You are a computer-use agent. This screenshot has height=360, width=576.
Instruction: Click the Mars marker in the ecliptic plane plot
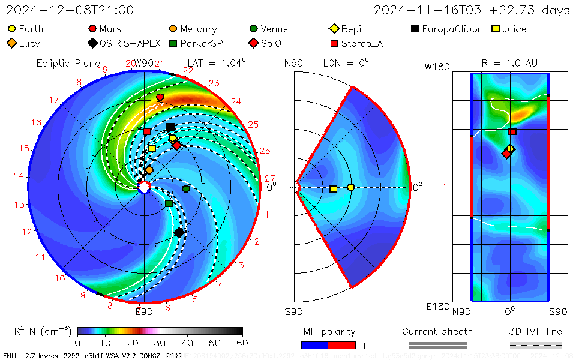pyautogui.click(x=160, y=97)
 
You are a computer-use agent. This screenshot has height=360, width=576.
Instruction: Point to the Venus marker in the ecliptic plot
pyautogui.click(x=186, y=189)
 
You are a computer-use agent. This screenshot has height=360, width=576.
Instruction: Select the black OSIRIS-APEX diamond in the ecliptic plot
pyautogui.click(x=178, y=232)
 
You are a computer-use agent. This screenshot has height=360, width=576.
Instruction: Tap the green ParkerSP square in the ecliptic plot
pyautogui.click(x=169, y=203)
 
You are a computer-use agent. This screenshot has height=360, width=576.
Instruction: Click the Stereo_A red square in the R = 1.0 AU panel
pyautogui.click(x=512, y=131)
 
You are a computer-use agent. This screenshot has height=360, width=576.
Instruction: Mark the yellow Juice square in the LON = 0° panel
pyautogui.click(x=333, y=189)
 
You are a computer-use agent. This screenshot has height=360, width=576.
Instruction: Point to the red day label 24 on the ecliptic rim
pyautogui.click(x=236, y=101)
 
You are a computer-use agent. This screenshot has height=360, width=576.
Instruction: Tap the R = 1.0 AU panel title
pyautogui.click(x=509, y=63)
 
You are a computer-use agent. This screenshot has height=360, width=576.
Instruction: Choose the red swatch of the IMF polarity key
pyautogui.click(x=342, y=345)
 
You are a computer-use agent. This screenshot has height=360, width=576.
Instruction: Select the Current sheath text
pyautogui.click(x=437, y=331)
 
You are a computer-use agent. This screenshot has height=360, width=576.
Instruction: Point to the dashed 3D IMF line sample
pyautogui.click(x=536, y=345)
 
